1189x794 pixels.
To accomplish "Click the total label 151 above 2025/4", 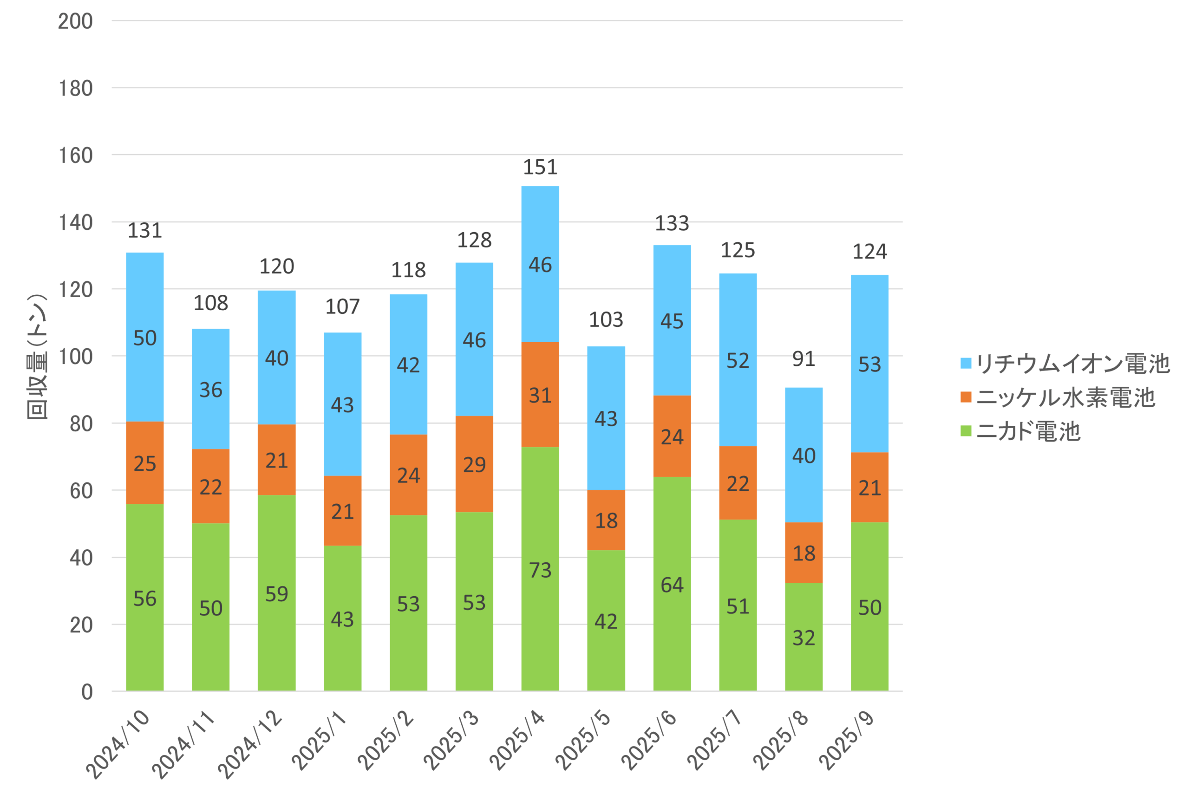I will coord(540,167).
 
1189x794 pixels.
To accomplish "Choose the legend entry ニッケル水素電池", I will coord(1058,397).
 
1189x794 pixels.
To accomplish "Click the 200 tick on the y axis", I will coord(75,21).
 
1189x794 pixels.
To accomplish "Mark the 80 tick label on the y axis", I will coord(81,424).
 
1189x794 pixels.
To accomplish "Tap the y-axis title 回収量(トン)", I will coord(37,357).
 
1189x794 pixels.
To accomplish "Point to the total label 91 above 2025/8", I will coord(804,359).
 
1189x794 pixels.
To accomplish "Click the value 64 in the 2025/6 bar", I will coord(672,586).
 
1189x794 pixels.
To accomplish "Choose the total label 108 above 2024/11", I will coord(211,303).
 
